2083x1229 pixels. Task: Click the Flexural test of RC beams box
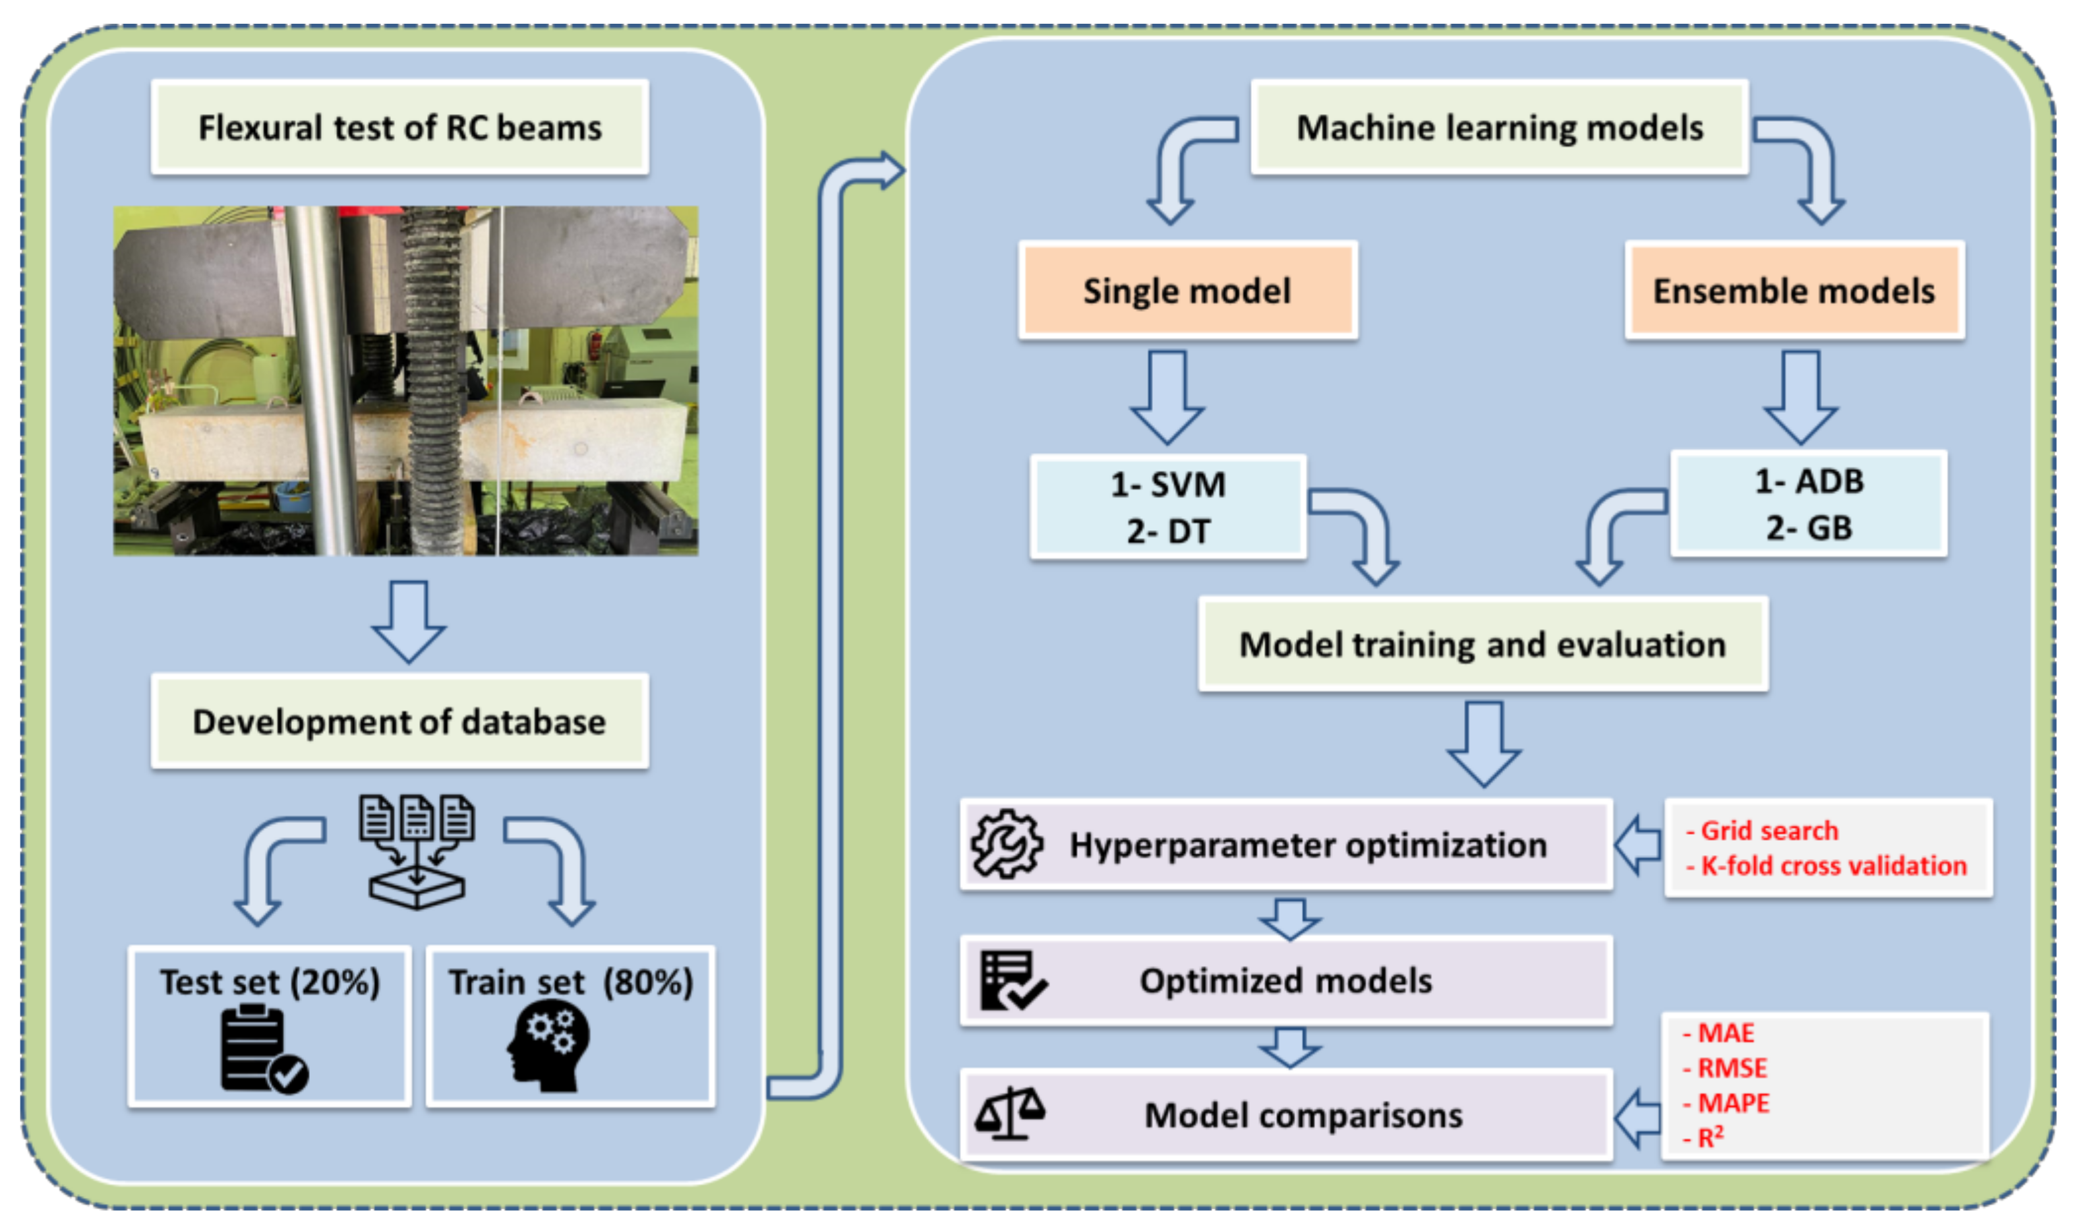[x=400, y=127]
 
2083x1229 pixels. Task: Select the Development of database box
[x=400, y=721]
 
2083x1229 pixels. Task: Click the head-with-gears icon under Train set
[x=549, y=1045]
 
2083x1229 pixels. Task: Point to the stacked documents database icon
[x=417, y=851]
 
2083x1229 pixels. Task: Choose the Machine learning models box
[x=1500, y=127]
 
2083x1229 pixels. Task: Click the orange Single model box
[x=1187, y=291]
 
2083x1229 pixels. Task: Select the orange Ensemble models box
[x=1794, y=291]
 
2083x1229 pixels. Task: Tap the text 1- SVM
[x=1168, y=485]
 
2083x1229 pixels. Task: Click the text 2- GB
[x=1809, y=528]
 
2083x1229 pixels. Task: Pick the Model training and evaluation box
[x=1482, y=644]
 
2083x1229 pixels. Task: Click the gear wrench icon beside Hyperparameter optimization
[x=1007, y=844]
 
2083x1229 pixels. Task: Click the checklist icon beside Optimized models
[x=1012, y=980]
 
